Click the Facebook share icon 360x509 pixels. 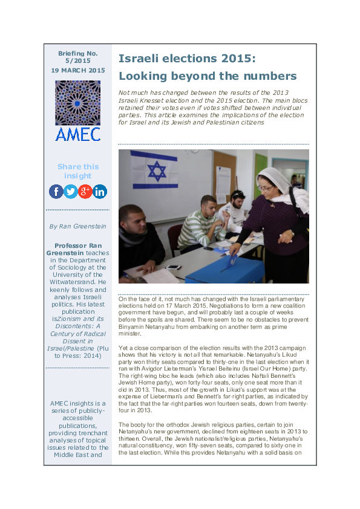point(56,192)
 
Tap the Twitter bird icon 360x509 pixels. point(71,192)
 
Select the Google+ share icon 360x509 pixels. point(85,192)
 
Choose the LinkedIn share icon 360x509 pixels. point(100,192)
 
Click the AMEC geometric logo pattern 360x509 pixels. point(78,102)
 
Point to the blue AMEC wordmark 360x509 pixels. point(78,134)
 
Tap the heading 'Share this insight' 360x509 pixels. point(78,171)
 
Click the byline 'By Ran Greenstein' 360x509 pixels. point(78,226)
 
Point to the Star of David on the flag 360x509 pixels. point(156,171)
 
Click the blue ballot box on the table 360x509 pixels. point(223,270)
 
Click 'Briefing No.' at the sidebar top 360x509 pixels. point(78,54)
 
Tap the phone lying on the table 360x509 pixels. point(173,267)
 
